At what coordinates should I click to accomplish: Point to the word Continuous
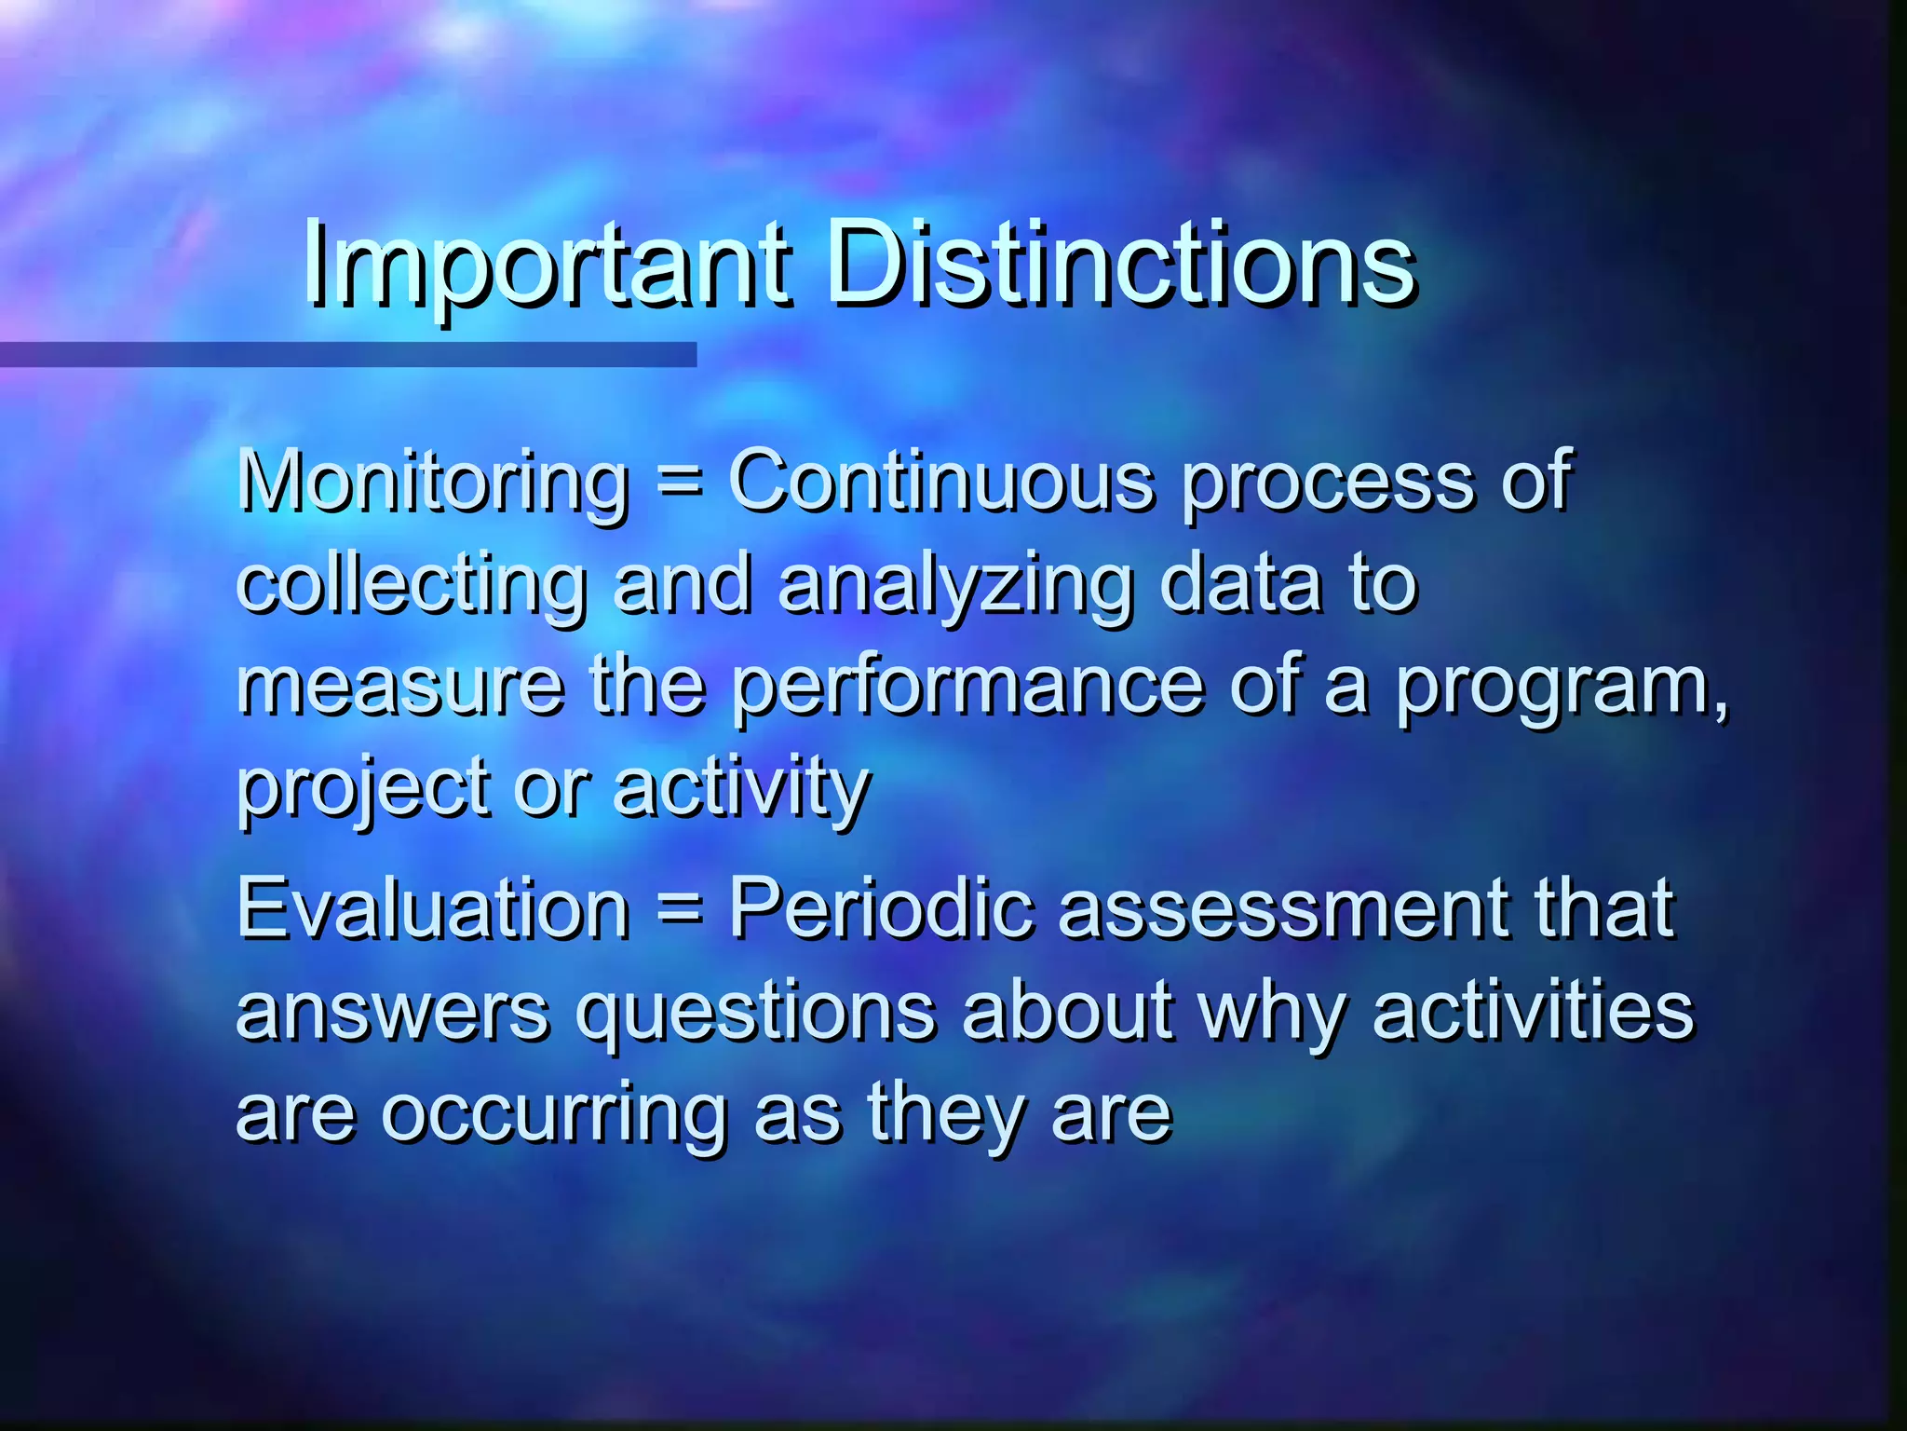pos(941,483)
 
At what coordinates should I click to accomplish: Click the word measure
pos(400,687)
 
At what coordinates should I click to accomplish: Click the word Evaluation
pos(433,908)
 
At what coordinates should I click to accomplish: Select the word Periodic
pos(881,908)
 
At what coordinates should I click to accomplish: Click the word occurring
pos(554,1113)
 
